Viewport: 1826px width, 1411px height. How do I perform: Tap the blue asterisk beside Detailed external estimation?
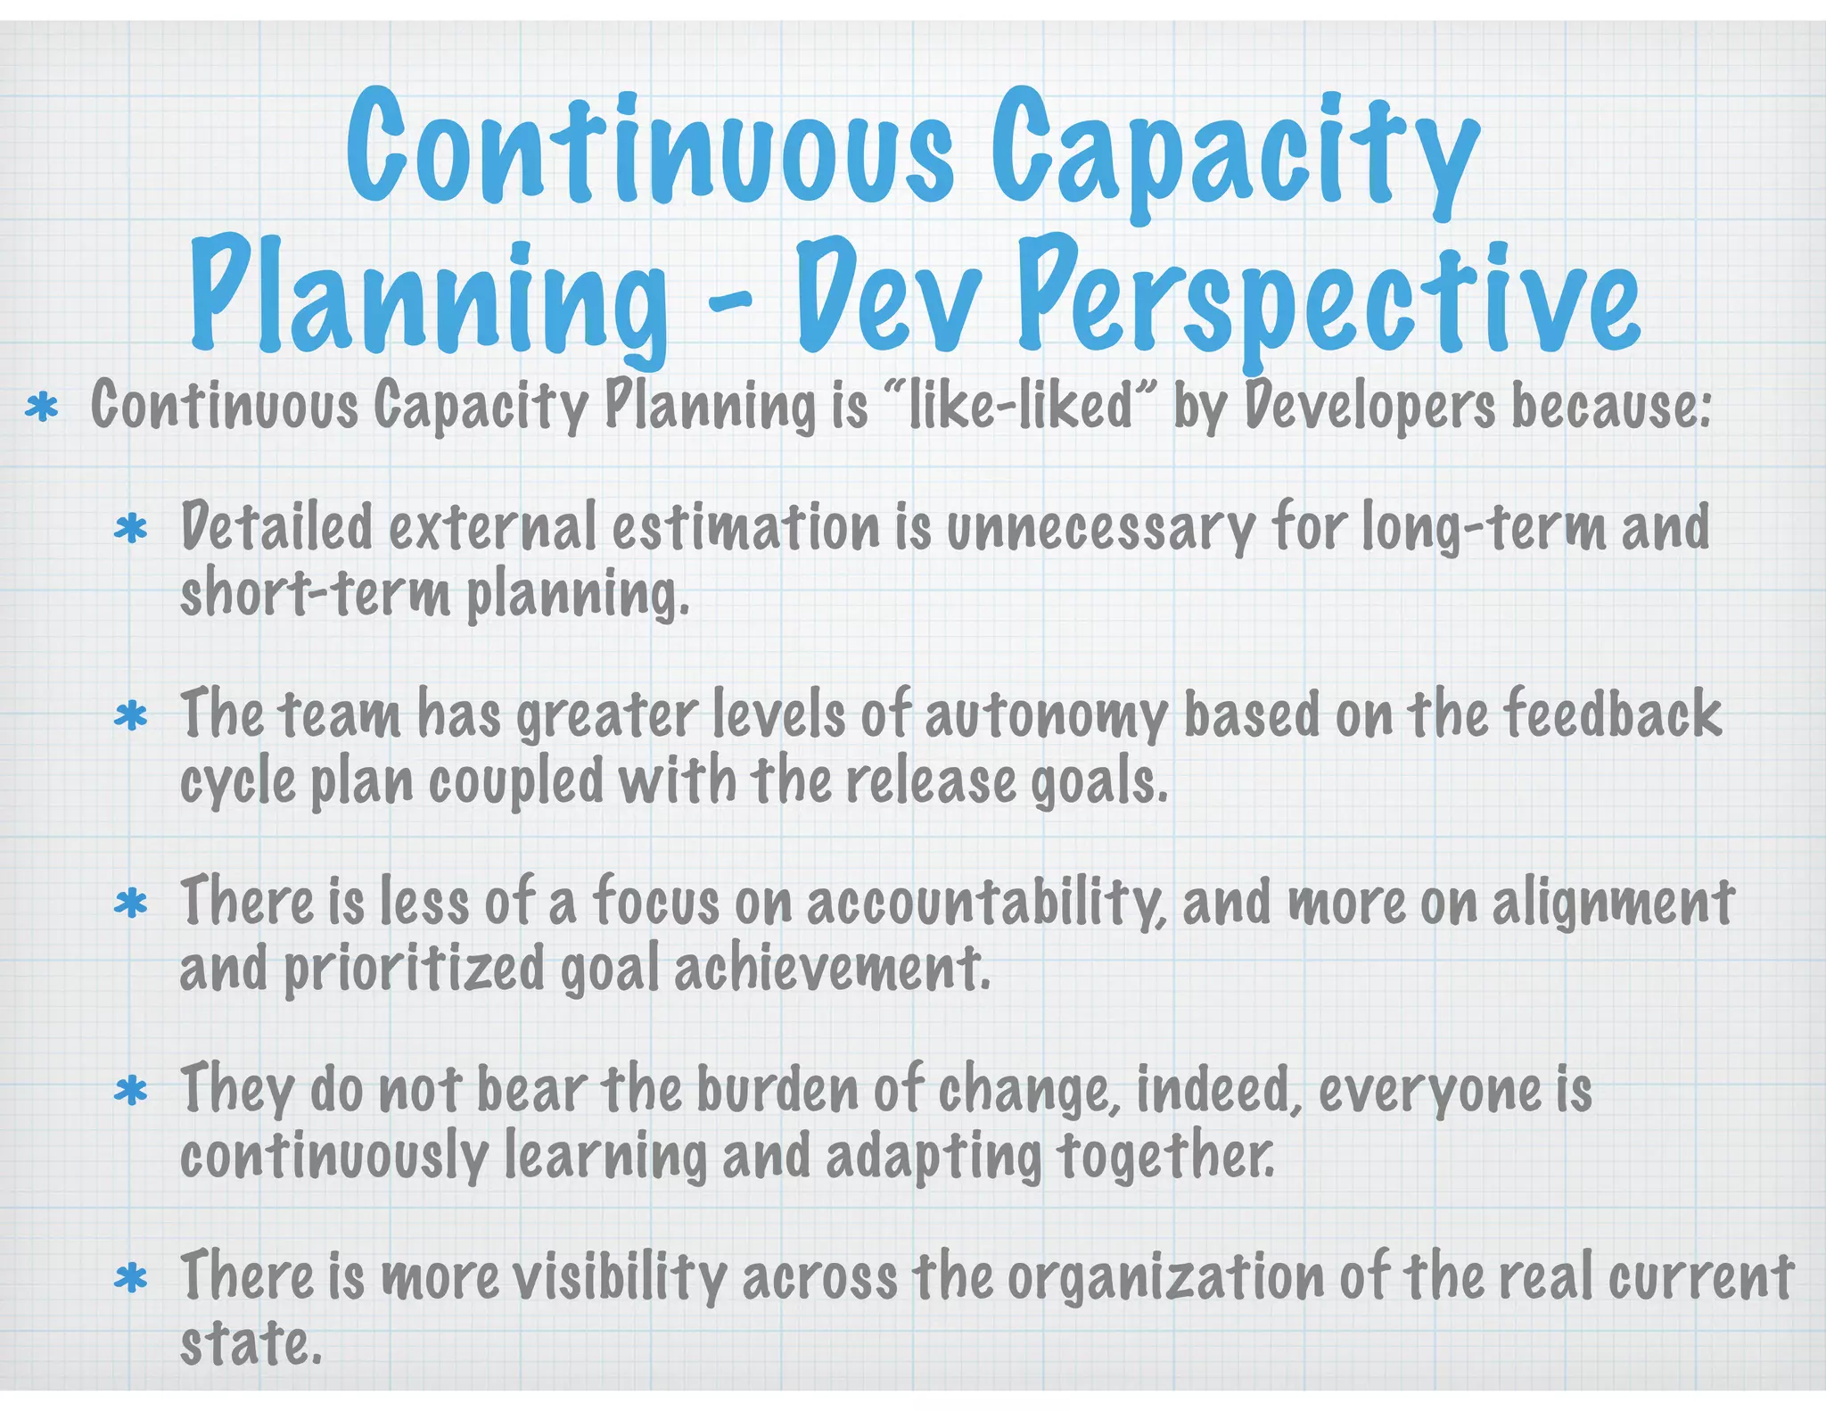coord(131,530)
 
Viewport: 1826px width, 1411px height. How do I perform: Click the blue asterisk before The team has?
coord(131,717)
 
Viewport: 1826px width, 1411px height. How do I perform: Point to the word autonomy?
coord(1046,717)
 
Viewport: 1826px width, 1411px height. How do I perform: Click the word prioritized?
coord(414,969)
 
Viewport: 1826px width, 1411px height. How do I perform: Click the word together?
coord(1166,1156)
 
